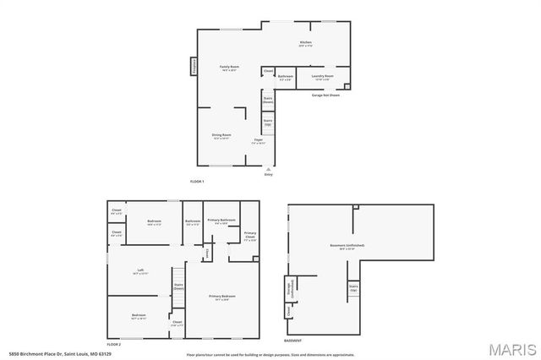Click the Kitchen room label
coord(305,44)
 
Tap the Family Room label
coord(227,68)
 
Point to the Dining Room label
coord(221,136)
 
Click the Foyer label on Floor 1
coord(259,142)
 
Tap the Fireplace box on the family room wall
coord(194,66)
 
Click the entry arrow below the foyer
coord(268,169)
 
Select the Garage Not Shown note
coord(325,95)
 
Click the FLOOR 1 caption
coord(197,181)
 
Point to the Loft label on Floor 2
coord(140,272)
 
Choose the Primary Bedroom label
coord(222,297)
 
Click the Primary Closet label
coord(250,235)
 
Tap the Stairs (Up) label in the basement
coord(353,288)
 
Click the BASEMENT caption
coord(292,341)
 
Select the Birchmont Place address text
coord(48,354)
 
